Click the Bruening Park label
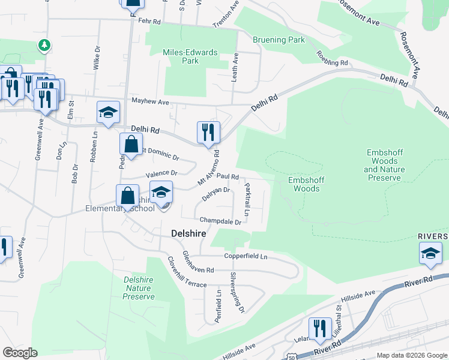coord(279,40)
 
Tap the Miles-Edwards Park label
coord(190,56)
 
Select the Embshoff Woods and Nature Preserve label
coord(384,165)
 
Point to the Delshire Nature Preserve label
coord(138,288)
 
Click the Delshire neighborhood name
coord(189,233)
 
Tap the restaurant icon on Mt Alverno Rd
coord(208,132)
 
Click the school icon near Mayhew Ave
coord(108,112)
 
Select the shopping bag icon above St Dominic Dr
coord(131,145)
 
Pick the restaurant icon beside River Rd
coord(320,328)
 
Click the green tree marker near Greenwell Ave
coord(44,45)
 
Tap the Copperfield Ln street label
coord(246,256)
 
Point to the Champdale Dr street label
coord(220,221)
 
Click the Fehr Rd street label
coord(149,21)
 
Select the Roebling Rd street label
coord(332,58)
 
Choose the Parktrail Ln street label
coord(247,200)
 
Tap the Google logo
coord(20,353)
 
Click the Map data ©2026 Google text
coord(411,355)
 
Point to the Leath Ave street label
coord(235,67)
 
